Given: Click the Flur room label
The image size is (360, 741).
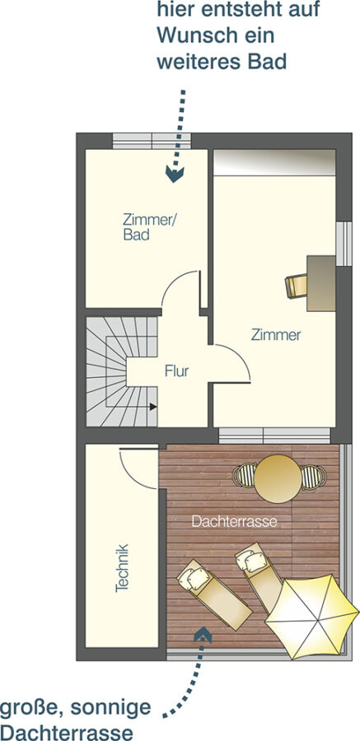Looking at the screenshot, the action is coord(177,371).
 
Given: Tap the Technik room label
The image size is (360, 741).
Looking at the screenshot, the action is coord(122,568).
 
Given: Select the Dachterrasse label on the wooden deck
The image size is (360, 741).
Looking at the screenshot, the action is coord(234,522).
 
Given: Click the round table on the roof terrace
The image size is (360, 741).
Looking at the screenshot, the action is coord(278,478).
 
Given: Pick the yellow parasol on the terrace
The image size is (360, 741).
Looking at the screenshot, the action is coord(312,616).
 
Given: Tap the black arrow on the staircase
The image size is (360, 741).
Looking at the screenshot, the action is coord(153,406).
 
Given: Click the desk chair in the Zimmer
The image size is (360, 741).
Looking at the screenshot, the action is coord(296,286).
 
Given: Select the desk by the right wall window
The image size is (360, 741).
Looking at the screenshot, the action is coord(321,283).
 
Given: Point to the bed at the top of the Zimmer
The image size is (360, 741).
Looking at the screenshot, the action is coord(274,162).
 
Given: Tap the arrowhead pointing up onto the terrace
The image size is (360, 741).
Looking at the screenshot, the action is coord(203,634).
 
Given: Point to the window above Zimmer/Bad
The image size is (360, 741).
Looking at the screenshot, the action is coord(152,141).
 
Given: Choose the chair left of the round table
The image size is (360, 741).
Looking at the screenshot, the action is coord(244,475).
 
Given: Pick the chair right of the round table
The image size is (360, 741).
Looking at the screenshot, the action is coord(313,477).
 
